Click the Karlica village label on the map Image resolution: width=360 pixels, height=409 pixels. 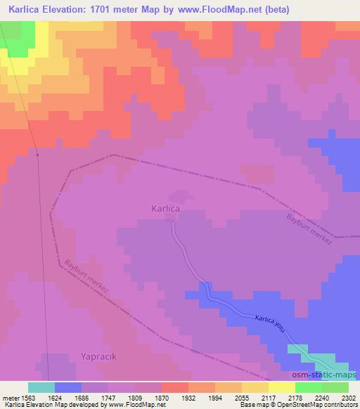tap(167, 209)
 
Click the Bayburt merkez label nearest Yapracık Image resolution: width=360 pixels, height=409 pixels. tap(87, 278)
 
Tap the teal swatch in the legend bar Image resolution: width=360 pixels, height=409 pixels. tap(41, 387)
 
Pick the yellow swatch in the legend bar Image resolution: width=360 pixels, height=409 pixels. tap(255, 387)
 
